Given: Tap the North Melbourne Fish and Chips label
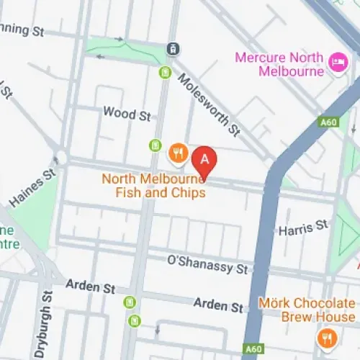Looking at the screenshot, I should click(154, 186).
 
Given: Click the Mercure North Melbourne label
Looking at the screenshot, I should click(281, 63).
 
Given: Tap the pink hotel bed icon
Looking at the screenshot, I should click(336, 62).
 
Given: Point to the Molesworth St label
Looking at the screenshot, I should click(209, 104).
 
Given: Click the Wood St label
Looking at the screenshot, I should click(127, 113).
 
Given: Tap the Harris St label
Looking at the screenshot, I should click(303, 228).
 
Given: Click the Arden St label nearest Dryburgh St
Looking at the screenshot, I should click(91, 287).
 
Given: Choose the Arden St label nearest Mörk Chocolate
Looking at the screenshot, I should click(218, 307).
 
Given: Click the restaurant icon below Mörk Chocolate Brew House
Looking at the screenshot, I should click(327, 337).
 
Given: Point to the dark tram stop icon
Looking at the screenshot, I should click(173, 49).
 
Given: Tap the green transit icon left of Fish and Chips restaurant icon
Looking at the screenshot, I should click(154, 146).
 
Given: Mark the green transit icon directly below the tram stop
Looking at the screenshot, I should click(166, 73).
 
